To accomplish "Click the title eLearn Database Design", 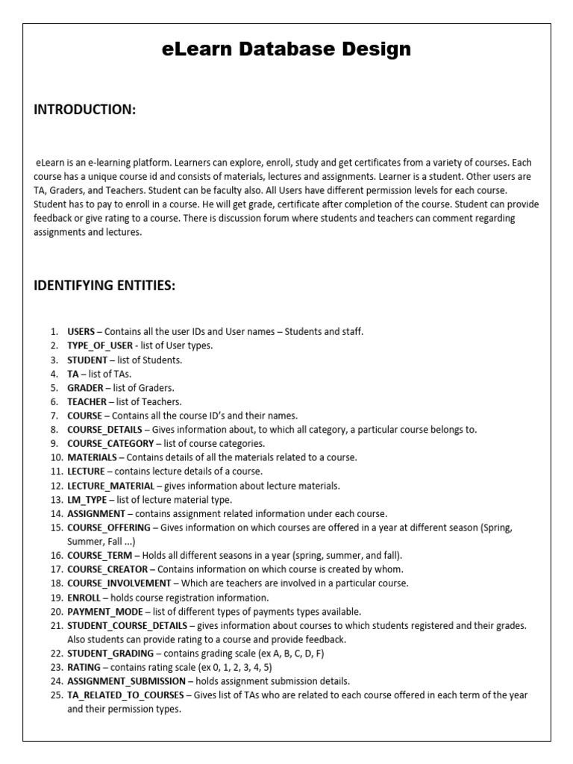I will (286, 50).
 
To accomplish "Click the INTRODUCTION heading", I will (84, 110).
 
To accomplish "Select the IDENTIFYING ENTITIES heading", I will (104, 286).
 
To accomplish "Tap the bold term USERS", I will (81, 331).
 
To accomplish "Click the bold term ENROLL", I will (84, 597).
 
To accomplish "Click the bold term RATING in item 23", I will (84, 667).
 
